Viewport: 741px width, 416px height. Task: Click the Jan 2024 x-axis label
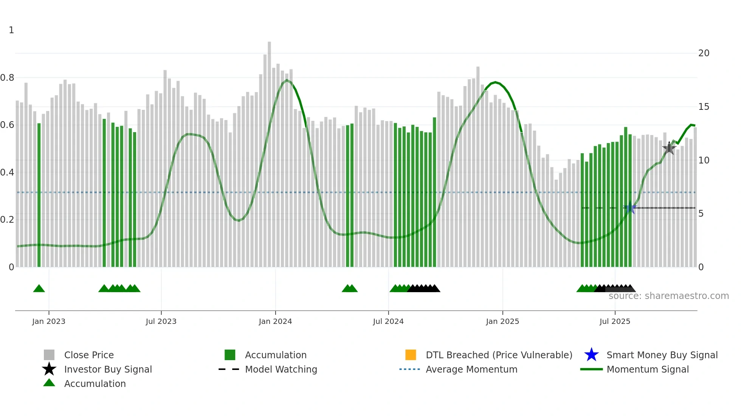275,321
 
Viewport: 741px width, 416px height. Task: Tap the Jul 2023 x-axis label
161,321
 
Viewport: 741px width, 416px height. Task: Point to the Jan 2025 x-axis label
502,321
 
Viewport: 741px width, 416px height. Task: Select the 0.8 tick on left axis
7,78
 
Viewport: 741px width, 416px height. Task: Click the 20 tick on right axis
704,53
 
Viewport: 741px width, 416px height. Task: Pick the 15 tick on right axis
704,107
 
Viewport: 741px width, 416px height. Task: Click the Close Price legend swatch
49,355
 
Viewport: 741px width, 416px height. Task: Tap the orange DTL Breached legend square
411,355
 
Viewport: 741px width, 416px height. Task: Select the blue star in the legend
591,355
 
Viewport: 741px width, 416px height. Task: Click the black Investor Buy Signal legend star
49,369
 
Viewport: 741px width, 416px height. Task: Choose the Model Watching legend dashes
229,369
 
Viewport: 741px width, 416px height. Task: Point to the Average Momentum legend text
471,369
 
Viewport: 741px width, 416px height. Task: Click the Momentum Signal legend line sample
591,369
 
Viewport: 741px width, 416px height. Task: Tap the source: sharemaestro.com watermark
668,296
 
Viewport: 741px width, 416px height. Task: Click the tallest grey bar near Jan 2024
269,151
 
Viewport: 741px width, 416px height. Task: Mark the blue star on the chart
630,208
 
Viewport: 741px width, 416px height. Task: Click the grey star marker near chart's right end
669,148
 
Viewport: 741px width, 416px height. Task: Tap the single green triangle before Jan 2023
39,289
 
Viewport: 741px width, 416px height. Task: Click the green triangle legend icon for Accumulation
49,383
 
